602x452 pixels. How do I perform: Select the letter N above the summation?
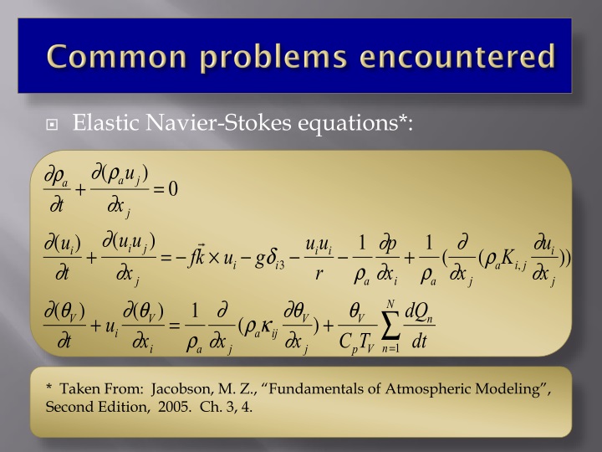tap(390, 302)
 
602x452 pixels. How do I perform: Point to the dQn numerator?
tap(419, 312)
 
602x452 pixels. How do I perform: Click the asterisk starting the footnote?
tap(49, 390)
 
